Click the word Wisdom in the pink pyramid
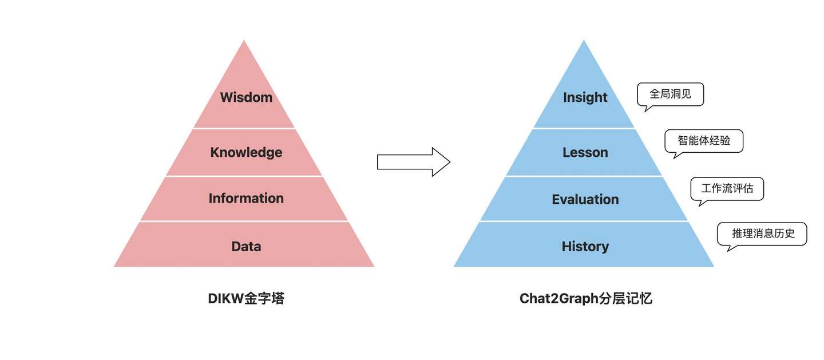[246, 97]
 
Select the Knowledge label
[246, 152]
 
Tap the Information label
[246, 199]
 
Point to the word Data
[246, 246]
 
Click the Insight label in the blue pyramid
[585, 97]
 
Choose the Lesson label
[585, 152]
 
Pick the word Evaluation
[585, 199]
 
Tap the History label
[585, 246]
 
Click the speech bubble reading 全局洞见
[670, 94]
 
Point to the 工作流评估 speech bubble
[727, 189]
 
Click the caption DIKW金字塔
[246, 298]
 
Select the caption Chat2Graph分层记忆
[585, 298]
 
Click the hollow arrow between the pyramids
[414, 162]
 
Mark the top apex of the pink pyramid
[244, 40]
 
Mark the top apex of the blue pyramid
[584, 40]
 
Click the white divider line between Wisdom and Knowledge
[244, 128]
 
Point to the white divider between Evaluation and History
[584, 221]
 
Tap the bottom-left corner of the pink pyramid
[114, 267]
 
